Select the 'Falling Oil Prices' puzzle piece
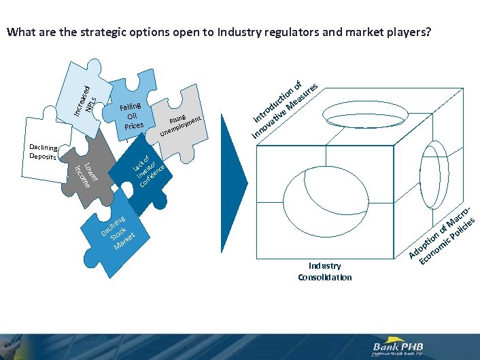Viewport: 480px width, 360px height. [x=131, y=112]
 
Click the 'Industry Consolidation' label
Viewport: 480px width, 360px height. [x=325, y=271]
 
